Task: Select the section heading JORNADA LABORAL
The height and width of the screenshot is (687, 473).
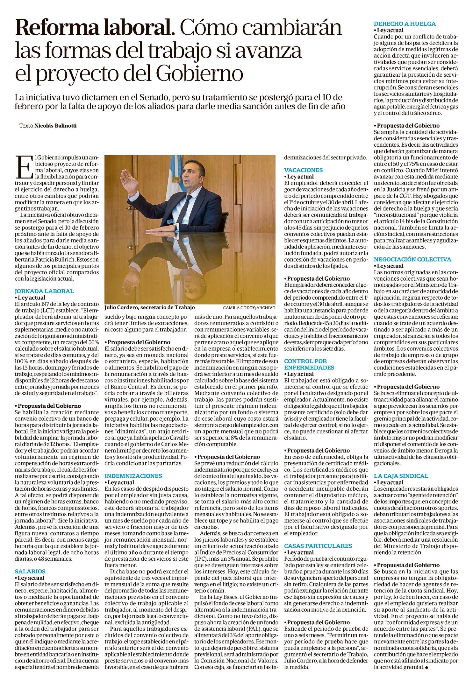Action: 44,291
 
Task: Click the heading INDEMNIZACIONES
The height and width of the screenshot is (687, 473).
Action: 133,476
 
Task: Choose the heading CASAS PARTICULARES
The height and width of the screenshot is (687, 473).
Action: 318,546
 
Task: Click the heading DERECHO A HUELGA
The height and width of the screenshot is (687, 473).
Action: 405,24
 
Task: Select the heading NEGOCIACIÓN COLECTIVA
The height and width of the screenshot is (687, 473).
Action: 412,259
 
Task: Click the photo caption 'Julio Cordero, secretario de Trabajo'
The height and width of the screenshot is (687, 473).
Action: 149,308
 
